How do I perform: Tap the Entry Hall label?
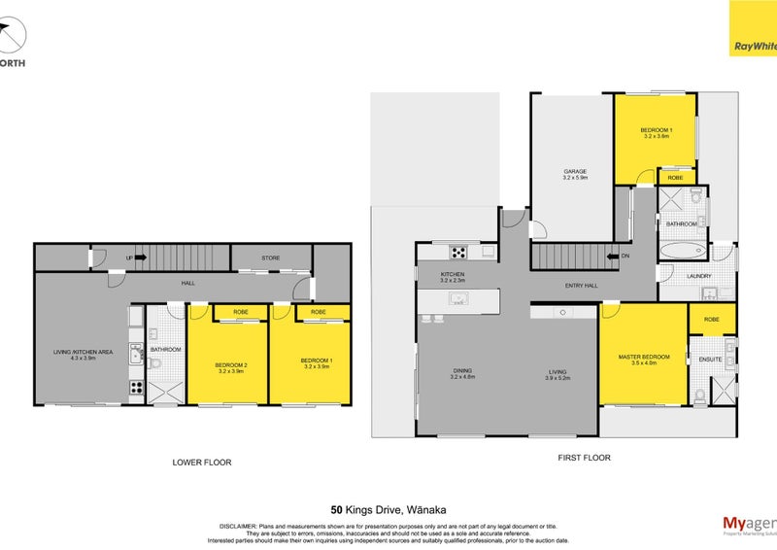580,286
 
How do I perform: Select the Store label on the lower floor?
271,258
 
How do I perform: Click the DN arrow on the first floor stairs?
614,258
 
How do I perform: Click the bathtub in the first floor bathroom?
684,250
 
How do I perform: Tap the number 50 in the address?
336,507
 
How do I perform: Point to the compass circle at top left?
11,37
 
